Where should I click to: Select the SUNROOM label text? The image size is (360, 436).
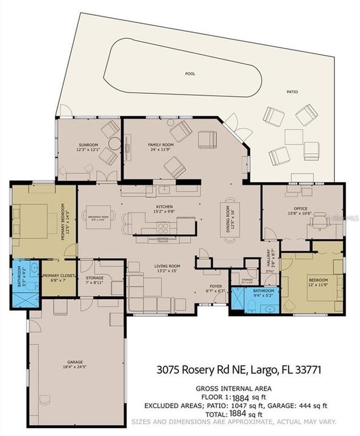click(88, 145)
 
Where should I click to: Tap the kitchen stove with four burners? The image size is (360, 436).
click(164, 228)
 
